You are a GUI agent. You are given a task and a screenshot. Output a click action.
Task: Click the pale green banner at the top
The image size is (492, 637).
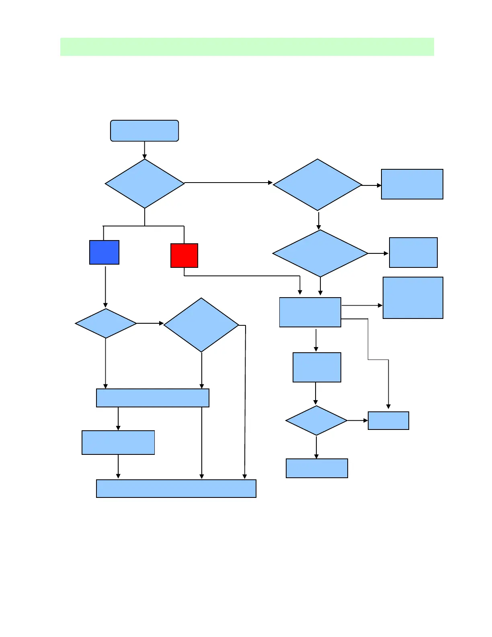pos(247,47)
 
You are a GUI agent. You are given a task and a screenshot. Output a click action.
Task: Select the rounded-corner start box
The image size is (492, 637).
pos(144,131)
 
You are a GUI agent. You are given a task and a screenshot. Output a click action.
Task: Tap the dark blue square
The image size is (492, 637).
pos(104,252)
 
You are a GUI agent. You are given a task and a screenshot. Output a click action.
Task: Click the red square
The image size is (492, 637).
pos(184,255)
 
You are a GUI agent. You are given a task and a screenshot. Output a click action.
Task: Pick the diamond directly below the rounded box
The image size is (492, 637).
pos(145,183)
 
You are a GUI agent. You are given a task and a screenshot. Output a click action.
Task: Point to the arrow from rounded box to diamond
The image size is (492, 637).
pos(145,150)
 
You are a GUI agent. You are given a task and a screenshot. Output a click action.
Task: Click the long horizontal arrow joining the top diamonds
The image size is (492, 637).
pos(228,183)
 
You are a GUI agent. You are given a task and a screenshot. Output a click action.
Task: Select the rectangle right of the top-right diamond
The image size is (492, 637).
pos(412,184)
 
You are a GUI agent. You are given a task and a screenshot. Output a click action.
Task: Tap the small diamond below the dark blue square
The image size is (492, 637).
pos(106,323)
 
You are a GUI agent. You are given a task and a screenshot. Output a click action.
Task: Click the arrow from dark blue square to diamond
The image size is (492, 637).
pos(105,286)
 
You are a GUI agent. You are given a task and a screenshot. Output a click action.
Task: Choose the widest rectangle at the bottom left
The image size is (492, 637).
pos(176,489)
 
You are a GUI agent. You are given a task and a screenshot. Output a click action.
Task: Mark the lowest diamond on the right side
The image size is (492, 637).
pos(316,421)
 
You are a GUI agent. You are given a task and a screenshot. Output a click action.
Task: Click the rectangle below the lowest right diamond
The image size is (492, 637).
pos(317,468)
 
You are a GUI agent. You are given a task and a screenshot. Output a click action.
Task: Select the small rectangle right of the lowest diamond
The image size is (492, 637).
pos(388,421)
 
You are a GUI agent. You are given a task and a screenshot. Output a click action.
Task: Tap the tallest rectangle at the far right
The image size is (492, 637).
pos(413,298)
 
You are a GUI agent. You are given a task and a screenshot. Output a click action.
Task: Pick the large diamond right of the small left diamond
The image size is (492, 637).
pos(201,325)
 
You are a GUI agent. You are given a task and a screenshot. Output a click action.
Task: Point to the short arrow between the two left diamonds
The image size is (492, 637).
pos(150,323)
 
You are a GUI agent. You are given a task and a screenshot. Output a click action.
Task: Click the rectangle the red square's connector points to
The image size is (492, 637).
pos(310,312)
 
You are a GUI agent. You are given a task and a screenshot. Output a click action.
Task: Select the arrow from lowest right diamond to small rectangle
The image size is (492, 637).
pos(357,421)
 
